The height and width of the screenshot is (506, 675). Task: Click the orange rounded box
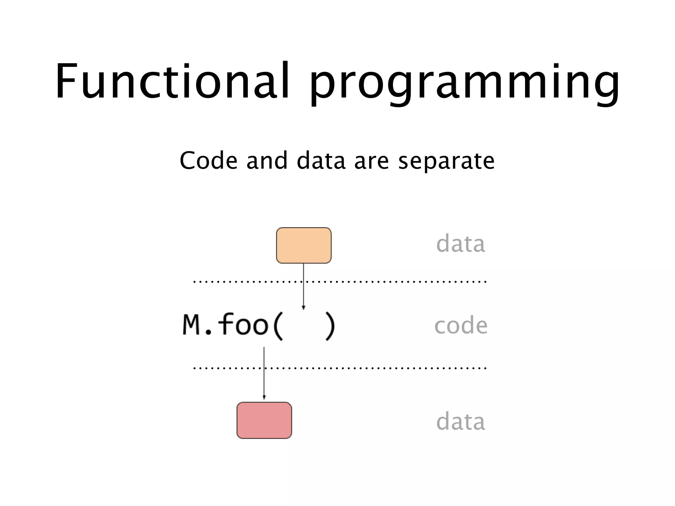tap(304, 245)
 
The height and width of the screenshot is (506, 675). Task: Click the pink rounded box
tap(264, 420)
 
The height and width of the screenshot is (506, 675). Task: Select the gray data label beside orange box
tap(460, 244)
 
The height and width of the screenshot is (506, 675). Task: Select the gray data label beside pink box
tap(460, 422)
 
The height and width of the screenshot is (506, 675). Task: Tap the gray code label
tap(460, 325)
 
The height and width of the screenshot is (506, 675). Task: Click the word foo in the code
tap(243, 324)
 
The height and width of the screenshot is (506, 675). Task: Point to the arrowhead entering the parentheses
tap(304, 308)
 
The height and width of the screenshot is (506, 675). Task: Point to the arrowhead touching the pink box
tap(264, 398)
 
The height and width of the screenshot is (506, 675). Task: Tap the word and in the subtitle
tap(267, 160)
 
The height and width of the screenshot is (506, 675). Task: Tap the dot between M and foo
tap(208, 332)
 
